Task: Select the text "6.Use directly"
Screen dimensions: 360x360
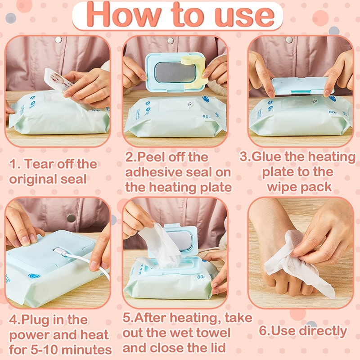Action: point(302,331)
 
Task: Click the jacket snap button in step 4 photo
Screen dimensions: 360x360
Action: point(71,217)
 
